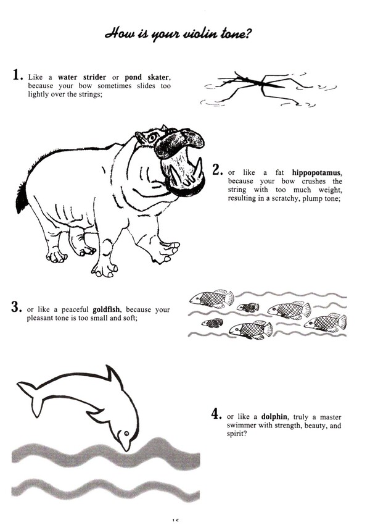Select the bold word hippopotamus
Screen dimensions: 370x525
pos(316,173)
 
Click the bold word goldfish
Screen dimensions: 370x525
pos(106,309)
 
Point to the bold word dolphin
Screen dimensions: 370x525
pos(274,416)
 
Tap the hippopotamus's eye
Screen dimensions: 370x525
pos(153,138)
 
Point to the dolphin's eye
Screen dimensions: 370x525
pos(126,433)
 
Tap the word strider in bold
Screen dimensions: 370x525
pos(94,77)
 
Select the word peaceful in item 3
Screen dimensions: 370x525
pos(75,309)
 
